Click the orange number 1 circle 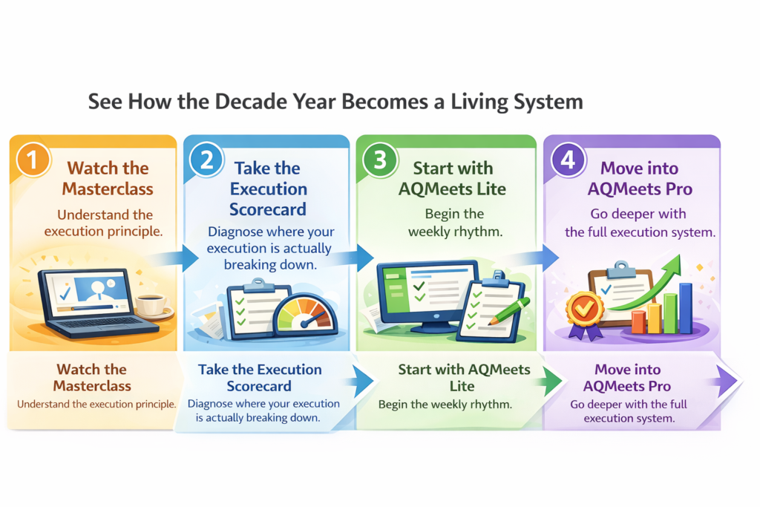pos(33,160)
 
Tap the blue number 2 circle pos(206,160)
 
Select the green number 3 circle pos(380,160)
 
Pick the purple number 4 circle pos(568,160)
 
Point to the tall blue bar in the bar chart pos(685,308)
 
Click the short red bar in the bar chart pos(638,322)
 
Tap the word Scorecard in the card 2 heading pos(267,209)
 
